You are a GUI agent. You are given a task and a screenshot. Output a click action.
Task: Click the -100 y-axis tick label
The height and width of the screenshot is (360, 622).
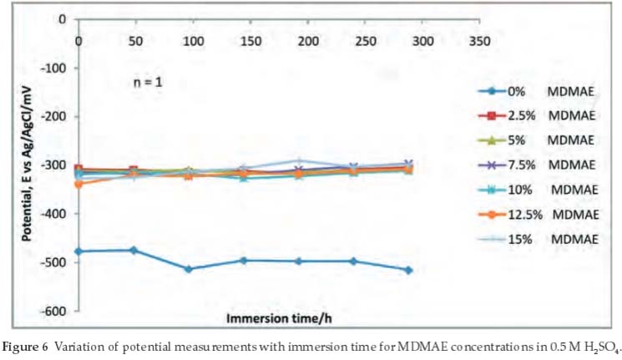pos(53,68)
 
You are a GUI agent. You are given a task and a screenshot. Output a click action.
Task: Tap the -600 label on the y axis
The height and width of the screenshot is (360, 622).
pos(53,312)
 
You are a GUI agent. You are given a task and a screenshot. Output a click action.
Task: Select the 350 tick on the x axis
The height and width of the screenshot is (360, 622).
pos(480,40)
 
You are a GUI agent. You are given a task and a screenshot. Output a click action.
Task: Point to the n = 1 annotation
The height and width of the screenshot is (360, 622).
pos(149,83)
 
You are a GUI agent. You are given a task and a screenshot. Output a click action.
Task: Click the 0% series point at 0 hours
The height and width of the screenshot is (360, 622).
pos(79,251)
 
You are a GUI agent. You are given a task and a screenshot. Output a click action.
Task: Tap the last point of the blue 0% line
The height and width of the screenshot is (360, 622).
pos(408,270)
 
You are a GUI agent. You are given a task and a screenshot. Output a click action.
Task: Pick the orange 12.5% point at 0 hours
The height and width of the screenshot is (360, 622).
pos(79,184)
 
